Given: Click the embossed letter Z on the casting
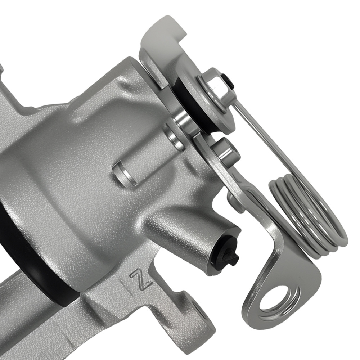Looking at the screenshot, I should [x=141, y=278].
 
